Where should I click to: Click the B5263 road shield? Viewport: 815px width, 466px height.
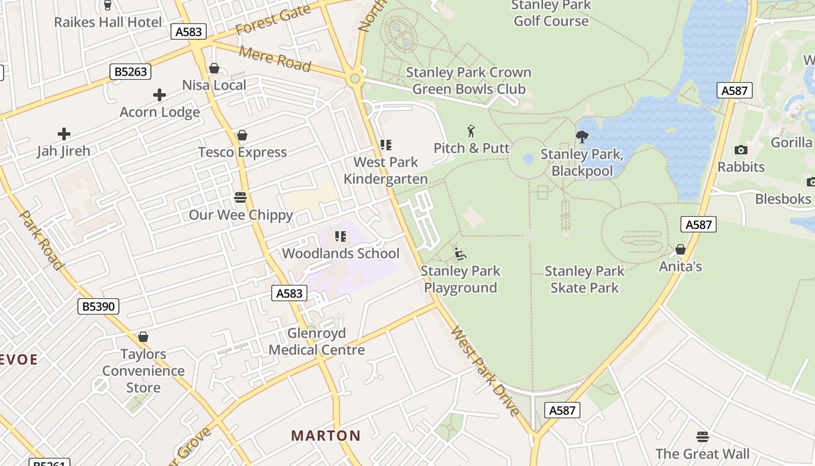130,72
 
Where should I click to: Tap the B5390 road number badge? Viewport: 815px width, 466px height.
98,306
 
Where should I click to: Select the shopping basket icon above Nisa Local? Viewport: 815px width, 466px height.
214,68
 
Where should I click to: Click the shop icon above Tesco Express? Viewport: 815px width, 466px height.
242,135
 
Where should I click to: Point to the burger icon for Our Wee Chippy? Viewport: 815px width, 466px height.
240,197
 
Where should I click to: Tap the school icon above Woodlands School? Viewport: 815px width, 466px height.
341,236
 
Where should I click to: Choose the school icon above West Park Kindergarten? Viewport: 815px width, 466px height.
385,145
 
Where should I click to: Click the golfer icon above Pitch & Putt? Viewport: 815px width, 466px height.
471,131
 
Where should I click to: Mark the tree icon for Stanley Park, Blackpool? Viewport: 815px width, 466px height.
582,137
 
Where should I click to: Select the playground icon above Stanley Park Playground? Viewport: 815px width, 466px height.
460,254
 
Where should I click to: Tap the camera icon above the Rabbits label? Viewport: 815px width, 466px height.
740,150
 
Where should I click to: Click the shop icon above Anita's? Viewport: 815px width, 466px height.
680,250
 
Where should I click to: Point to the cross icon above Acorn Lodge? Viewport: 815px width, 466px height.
160,95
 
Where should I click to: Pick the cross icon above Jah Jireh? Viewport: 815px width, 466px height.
64,134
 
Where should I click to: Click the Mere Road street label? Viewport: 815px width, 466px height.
275,58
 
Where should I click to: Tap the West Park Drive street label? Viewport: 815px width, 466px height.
485,372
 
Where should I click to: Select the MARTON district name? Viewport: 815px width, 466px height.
326,436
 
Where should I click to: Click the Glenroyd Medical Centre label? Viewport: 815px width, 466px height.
317,341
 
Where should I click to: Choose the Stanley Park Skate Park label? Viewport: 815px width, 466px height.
584,279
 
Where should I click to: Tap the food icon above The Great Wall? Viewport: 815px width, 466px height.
703,437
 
